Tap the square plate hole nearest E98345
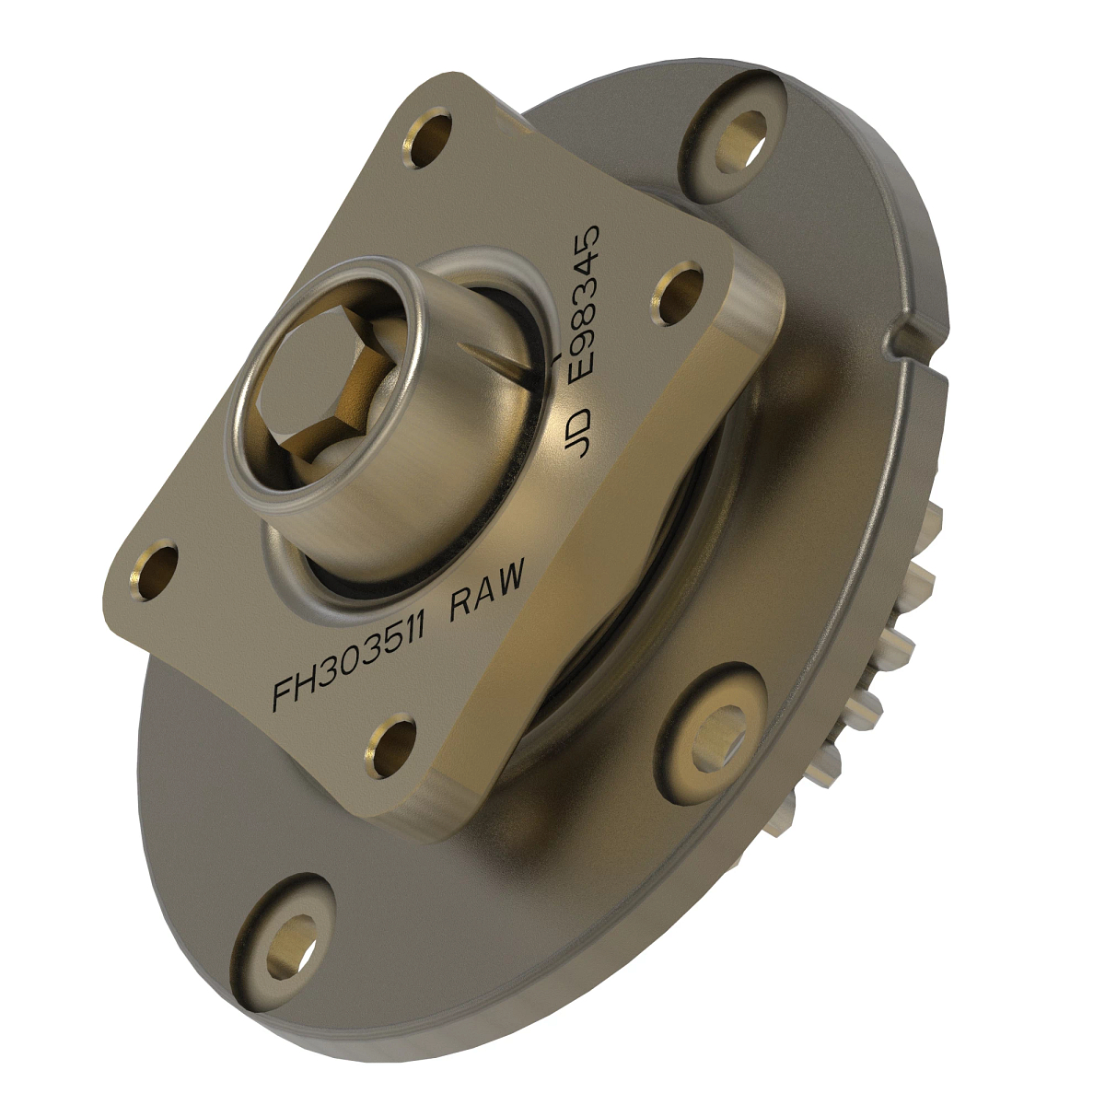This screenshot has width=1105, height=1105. pyautogui.click(x=679, y=293)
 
